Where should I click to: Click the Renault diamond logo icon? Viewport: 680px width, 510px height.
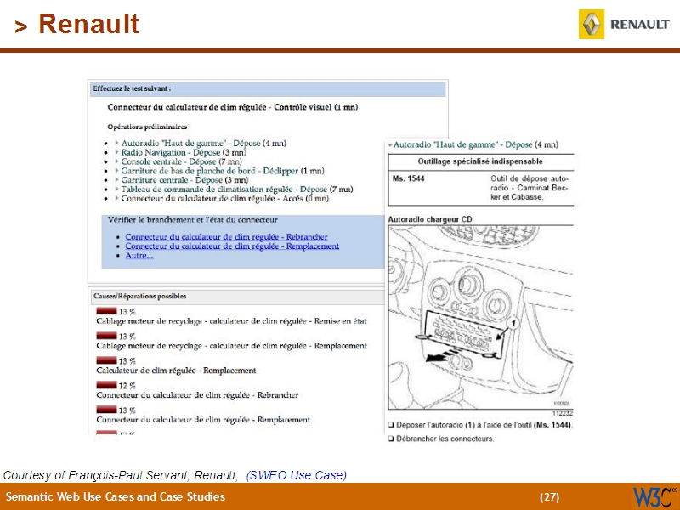coord(592,25)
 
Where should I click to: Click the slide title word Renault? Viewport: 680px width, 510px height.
coord(89,25)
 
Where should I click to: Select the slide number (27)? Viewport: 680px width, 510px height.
coord(549,496)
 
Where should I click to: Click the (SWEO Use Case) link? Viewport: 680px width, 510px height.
coord(297,475)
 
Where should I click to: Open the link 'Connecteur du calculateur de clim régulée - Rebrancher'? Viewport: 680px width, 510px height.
coord(226,237)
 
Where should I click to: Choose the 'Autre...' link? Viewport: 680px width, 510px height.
coord(139,255)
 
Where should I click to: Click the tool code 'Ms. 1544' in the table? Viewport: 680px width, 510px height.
coord(409,178)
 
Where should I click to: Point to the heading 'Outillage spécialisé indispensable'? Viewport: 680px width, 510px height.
coord(480,161)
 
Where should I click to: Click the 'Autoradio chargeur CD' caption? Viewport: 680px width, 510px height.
coord(430,219)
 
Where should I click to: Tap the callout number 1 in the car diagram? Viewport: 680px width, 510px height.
coord(513,324)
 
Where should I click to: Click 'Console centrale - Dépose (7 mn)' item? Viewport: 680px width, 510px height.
coord(181,161)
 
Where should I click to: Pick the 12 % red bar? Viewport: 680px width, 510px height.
coord(106,386)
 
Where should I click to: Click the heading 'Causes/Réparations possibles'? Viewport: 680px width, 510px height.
coord(139,297)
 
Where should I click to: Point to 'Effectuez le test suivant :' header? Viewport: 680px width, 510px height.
coord(132,88)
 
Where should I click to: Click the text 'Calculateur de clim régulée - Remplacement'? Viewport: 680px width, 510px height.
coord(176,371)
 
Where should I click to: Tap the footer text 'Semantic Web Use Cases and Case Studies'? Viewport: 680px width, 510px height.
coord(116,496)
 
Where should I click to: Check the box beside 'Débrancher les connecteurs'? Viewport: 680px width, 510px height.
coord(391,439)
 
